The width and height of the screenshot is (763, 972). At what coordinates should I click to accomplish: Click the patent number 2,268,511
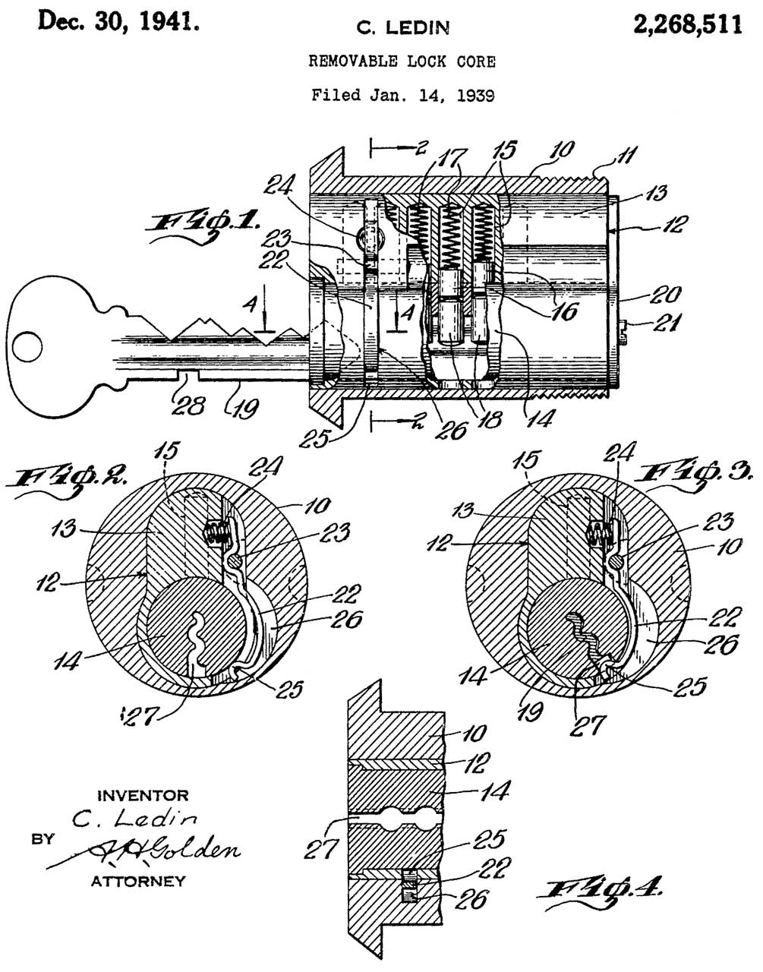coord(688,24)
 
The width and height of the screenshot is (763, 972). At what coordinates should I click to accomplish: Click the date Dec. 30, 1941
coord(118,21)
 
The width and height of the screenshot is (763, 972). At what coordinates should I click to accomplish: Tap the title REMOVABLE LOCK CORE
coord(402,62)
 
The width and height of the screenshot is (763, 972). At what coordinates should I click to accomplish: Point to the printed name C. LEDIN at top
coord(402,29)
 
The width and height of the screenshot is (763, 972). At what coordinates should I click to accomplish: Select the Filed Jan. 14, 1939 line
coord(402,95)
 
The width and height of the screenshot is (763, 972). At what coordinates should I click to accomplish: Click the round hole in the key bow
coord(27,348)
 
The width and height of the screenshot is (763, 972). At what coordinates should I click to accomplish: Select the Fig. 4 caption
coord(600,891)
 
